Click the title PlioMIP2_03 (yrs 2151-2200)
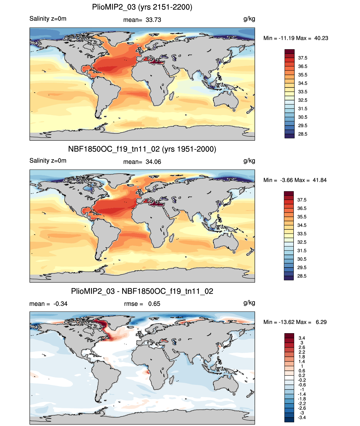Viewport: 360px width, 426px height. pyautogui.click(x=142, y=7)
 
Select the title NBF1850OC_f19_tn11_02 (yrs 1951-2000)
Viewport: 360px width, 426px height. pyautogui.click(x=142, y=149)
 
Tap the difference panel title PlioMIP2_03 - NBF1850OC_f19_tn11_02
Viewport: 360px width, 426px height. pyautogui.click(x=142, y=291)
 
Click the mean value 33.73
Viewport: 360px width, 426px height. pyautogui.click(x=153, y=20)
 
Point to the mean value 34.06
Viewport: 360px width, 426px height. pyautogui.click(x=153, y=162)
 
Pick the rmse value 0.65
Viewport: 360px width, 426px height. pyautogui.click(x=154, y=304)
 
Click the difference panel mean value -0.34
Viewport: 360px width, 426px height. pyautogui.click(x=60, y=304)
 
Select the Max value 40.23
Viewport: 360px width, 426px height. pyautogui.click(x=321, y=38)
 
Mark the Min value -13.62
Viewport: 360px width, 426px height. pyautogui.click(x=286, y=322)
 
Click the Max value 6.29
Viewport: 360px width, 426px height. pyautogui.click(x=321, y=322)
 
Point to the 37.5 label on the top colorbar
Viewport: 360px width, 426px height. pyautogui.click(x=303, y=58)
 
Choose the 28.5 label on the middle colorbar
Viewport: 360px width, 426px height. pyautogui.click(x=302, y=276)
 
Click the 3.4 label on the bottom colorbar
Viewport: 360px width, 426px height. pyautogui.click(x=302, y=338)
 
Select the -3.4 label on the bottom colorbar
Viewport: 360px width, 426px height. pyautogui.click(x=302, y=418)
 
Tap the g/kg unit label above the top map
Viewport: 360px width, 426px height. pyautogui.click(x=249, y=19)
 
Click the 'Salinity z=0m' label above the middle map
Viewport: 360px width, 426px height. pyautogui.click(x=48, y=160)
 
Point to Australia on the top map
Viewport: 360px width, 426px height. pyautogui.click(x=226, y=100)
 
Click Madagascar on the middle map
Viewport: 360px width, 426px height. pyautogui.click(x=171, y=238)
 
